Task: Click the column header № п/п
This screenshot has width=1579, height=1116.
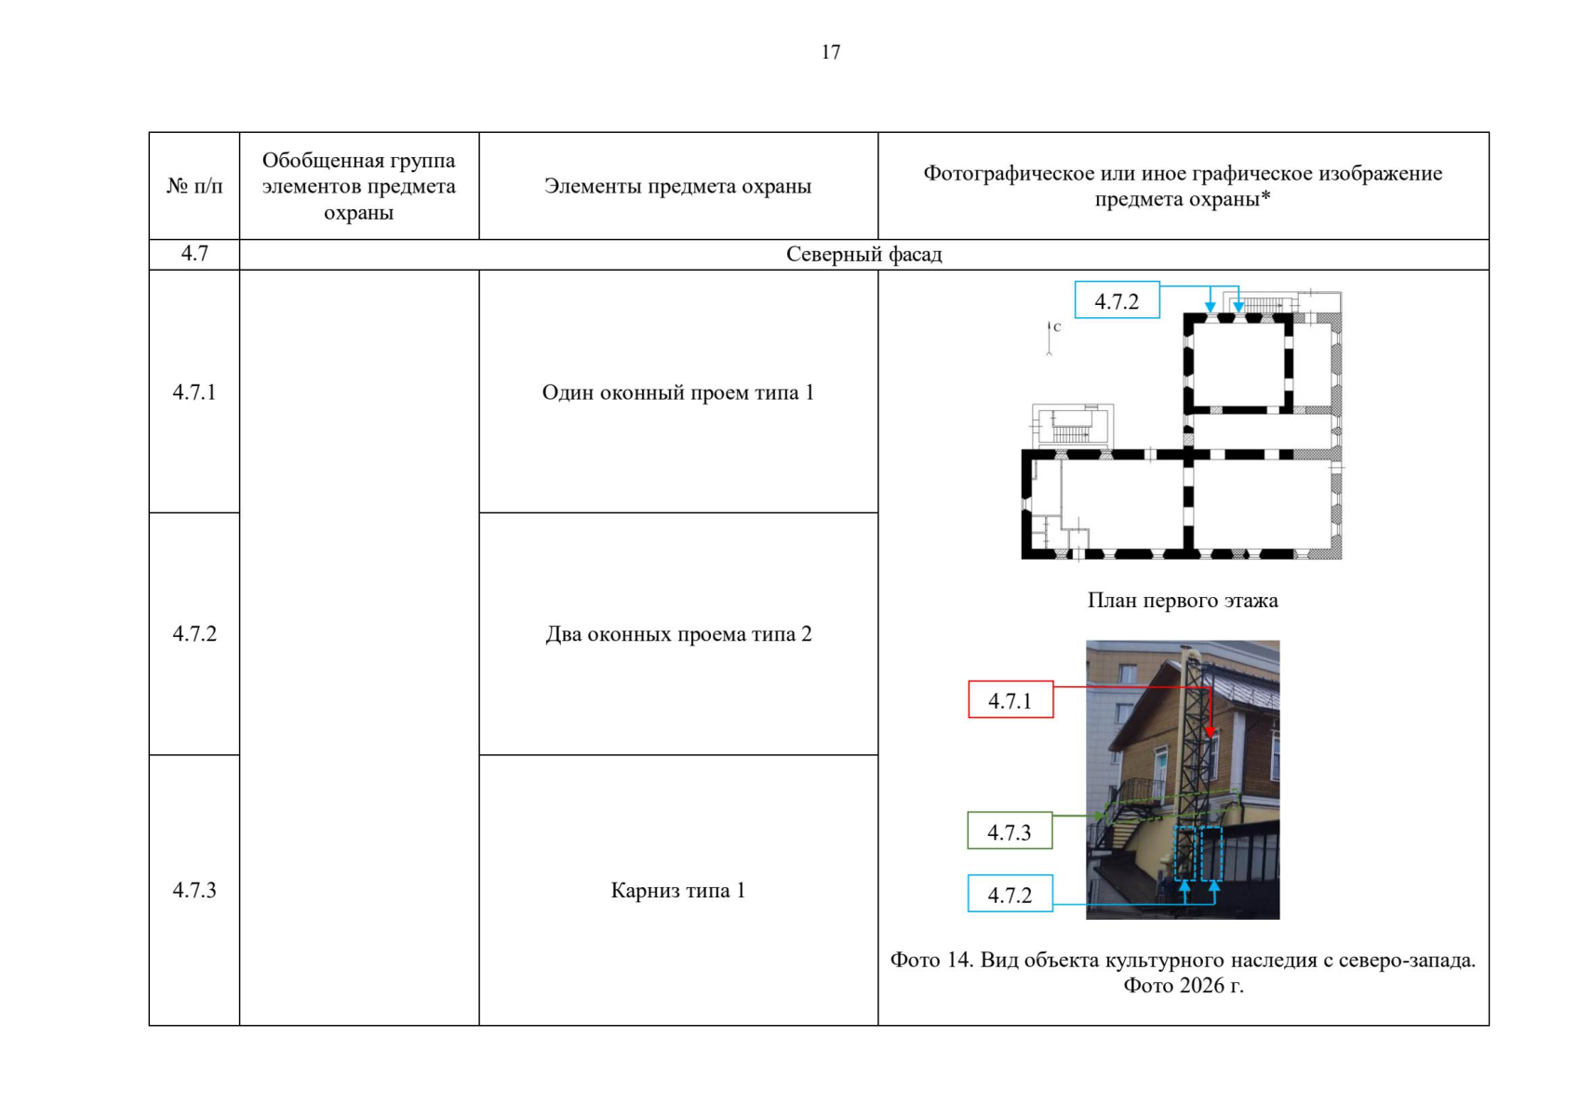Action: point(194,186)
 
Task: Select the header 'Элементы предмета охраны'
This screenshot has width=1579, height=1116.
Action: point(677,186)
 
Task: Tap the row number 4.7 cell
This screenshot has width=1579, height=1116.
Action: point(194,254)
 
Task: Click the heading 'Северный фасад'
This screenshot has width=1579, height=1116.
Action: point(863,254)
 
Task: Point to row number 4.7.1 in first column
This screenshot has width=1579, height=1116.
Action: point(194,392)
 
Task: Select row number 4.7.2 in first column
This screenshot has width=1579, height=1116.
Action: point(194,634)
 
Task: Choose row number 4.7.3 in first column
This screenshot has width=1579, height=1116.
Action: point(194,891)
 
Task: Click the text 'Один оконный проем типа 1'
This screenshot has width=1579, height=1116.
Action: point(677,392)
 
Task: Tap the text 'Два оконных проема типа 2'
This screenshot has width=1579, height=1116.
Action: point(678,634)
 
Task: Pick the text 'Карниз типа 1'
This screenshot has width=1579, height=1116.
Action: point(677,891)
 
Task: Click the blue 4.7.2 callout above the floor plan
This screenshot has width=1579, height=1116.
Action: point(1117,300)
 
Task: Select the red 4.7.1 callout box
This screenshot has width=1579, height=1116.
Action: point(1010,699)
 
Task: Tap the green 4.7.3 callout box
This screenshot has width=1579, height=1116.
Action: point(1010,830)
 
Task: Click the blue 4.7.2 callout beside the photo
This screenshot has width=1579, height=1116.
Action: point(1010,894)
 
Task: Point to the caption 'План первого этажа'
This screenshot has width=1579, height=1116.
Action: point(1182,600)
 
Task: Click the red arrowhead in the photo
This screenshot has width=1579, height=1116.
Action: point(1211,732)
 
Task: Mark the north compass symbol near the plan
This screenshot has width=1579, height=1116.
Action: point(1050,339)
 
